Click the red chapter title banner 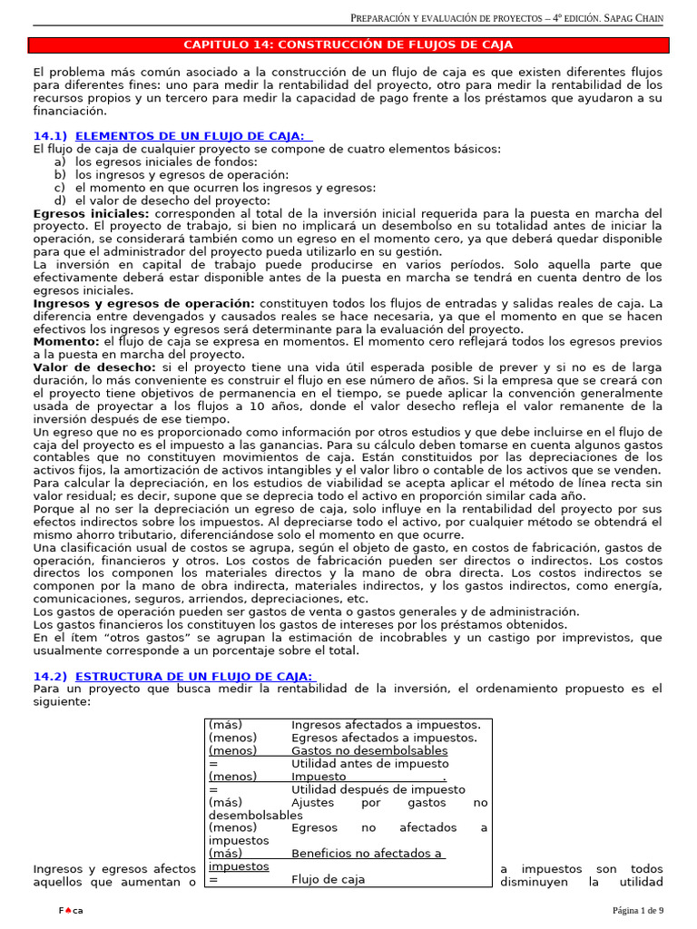tap(348, 44)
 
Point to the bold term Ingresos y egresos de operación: tap(144, 302)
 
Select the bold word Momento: tap(66, 341)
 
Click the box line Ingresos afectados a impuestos tap(386, 725)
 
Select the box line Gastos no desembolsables tap(369, 751)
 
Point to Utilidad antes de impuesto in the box tap(369, 764)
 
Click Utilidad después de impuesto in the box tap(378, 790)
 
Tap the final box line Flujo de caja tap(328, 879)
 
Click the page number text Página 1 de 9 tap(637, 910)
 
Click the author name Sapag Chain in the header tap(652, 19)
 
